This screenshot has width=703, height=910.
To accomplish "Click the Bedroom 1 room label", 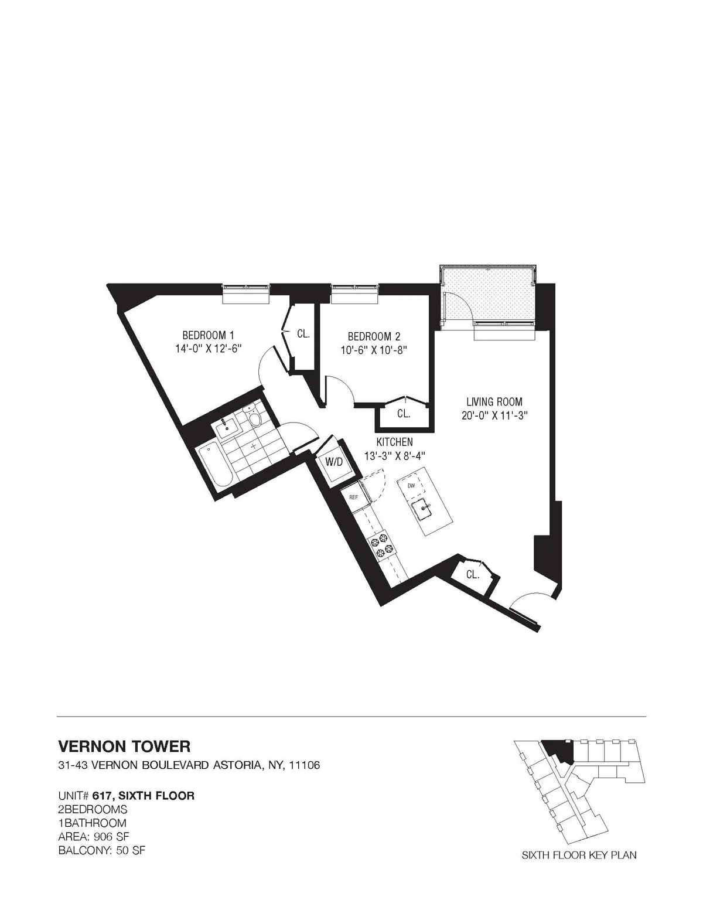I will tap(208, 336).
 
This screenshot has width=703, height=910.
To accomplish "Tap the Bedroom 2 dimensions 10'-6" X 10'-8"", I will tap(374, 350).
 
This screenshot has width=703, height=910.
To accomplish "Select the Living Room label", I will tap(494, 402).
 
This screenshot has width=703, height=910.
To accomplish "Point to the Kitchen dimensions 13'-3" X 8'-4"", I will tap(394, 455).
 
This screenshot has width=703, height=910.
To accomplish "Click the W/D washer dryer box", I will tap(335, 462).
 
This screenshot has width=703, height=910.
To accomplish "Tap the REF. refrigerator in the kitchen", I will tap(354, 496).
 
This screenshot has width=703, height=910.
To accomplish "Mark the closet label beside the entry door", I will tap(472, 575).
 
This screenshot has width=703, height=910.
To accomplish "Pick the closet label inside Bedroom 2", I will tap(403, 414).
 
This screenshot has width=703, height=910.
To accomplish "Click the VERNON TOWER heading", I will tap(124, 746).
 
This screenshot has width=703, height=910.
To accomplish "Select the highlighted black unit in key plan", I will tap(558, 749).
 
